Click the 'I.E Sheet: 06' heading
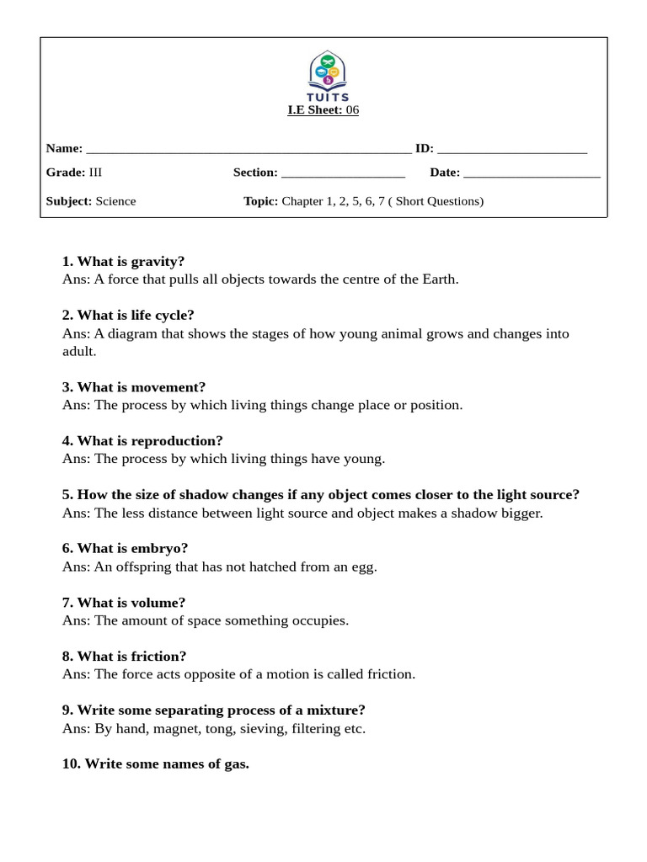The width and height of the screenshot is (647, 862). click(323, 109)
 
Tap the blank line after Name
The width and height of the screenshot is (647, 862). click(249, 150)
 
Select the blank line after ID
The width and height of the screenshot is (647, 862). click(511, 150)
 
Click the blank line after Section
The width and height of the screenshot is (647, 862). click(343, 173)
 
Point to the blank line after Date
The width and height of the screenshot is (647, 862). click(532, 173)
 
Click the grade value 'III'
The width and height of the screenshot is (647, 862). click(95, 173)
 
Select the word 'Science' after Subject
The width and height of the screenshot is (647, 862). click(115, 201)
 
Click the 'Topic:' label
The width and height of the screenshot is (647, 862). click(260, 201)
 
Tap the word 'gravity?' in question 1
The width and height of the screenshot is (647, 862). click(158, 261)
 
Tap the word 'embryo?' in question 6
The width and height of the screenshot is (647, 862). click(159, 549)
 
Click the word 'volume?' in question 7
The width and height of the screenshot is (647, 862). click(158, 603)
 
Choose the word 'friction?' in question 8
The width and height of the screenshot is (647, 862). click(158, 657)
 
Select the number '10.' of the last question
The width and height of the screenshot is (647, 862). click(72, 764)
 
